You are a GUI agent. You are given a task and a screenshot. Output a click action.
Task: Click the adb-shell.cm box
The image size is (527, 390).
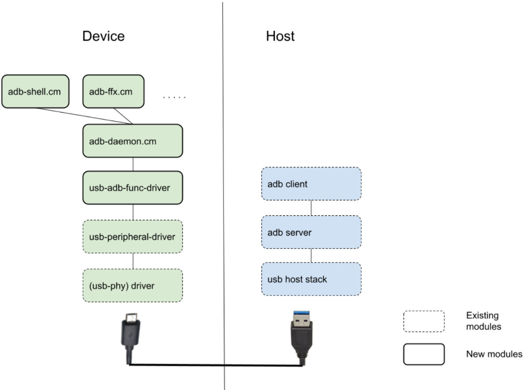tap(35, 91)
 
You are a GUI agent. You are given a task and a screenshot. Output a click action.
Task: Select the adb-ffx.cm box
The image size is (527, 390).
tap(114, 91)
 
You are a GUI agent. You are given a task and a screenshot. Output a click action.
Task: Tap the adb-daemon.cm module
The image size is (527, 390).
tap(133, 141)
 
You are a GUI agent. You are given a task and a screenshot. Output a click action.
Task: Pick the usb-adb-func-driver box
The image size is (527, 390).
tap(133, 188)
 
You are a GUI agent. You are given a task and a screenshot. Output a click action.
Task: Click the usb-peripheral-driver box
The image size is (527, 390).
tap(133, 237)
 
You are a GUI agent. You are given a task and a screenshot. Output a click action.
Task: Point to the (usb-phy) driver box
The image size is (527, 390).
tap(133, 285)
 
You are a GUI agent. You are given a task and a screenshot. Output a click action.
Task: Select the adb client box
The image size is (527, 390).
tap(311, 184)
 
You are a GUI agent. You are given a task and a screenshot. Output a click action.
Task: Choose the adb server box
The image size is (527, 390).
tap(311, 232)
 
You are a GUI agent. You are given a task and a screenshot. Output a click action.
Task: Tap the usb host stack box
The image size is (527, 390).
tap(311, 279)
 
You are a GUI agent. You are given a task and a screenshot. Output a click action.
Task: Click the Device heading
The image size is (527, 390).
tap(104, 36)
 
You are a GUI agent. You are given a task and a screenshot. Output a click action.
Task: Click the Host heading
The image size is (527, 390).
tap(280, 36)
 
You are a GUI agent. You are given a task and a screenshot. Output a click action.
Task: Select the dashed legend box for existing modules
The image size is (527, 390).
tap(423, 321)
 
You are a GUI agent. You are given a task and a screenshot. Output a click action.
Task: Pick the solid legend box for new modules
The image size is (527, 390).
tap(423, 354)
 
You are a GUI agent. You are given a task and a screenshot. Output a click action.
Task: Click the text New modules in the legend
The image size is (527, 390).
tap(494, 354)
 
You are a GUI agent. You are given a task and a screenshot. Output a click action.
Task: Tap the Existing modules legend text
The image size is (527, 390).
tap(483, 321)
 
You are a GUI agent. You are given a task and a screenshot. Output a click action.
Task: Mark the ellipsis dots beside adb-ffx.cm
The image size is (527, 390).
tap(174, 97)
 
